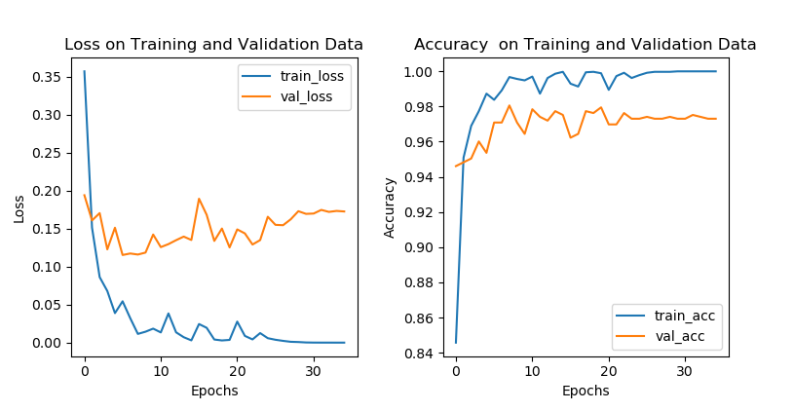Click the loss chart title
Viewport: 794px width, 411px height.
(x=213, y=44)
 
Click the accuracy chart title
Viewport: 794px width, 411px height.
(x=585, y=44)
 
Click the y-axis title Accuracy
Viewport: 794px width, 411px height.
(x=390, y=206)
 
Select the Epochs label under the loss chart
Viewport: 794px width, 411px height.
(x=214, y=391)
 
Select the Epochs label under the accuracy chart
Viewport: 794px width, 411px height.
(x=586, y=391)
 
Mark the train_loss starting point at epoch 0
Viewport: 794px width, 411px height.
(x=84, y=71)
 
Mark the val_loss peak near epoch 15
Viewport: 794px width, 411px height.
(x=199, y=199)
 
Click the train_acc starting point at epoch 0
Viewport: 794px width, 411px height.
(x=455, y=342)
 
